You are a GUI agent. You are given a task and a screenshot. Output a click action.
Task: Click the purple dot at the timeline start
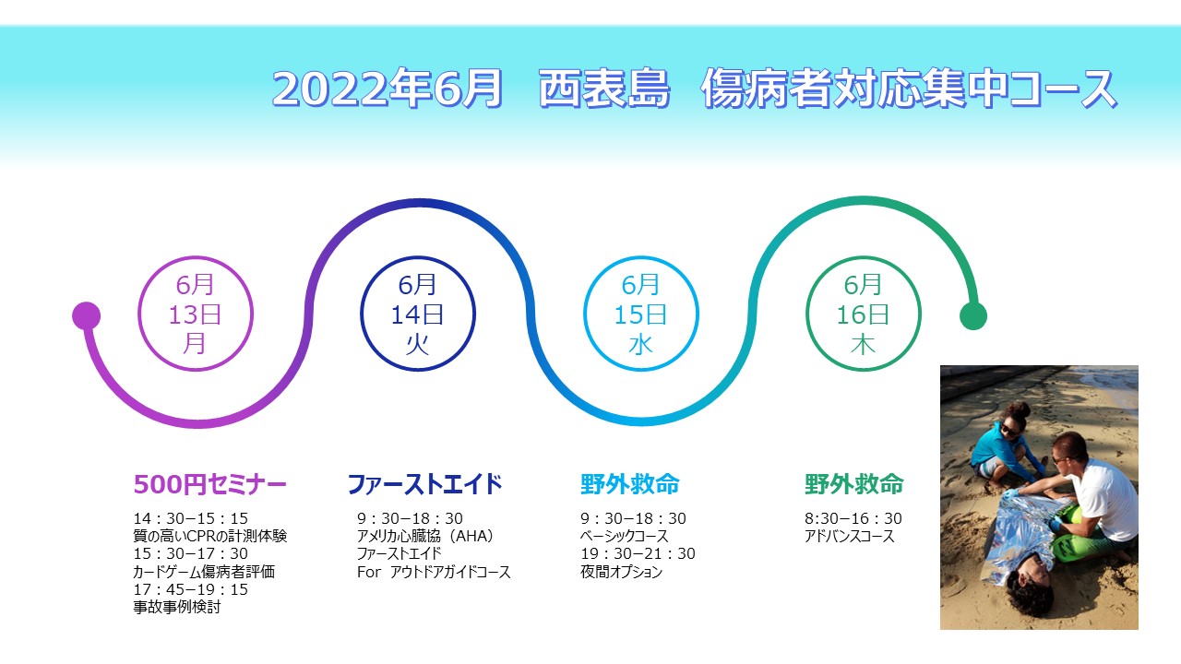(86, 315)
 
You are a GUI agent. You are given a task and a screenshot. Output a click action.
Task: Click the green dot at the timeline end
(972, 316)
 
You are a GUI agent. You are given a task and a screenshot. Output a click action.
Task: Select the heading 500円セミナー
(209, 484)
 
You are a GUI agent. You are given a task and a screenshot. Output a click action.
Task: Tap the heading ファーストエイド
(424, 484)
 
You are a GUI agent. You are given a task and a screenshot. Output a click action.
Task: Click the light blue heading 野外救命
(630, 484)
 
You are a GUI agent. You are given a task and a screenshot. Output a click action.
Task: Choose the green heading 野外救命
(854, 484)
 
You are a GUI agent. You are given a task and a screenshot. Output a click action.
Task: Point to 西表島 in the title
(604, 89)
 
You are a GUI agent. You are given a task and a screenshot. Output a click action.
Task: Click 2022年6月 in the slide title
(388, 89)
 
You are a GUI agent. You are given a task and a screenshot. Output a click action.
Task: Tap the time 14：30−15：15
(190, 518)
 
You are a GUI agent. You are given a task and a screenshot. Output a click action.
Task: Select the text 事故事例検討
(176, 607)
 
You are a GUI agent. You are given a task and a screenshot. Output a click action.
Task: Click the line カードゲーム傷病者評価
(204, 572)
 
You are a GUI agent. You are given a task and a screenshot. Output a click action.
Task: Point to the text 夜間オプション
(621, 572)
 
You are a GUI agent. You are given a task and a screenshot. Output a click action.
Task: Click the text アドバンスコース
(850, 537)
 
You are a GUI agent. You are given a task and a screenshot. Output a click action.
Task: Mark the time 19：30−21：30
(638, 554)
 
